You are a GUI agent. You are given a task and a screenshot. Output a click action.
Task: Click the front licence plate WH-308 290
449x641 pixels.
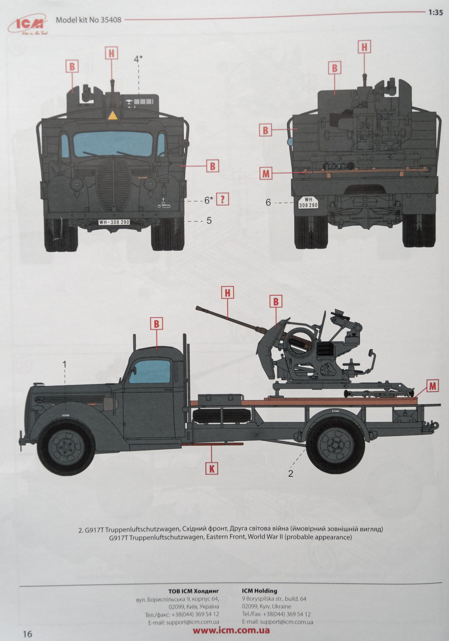tap(114, 222)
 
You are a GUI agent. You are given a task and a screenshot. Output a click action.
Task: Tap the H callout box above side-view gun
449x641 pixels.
tap(228, 293)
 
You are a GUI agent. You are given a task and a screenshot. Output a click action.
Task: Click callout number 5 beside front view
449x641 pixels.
tap(209, 221)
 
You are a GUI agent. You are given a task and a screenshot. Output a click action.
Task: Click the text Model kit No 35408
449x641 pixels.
tap(88, 20)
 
